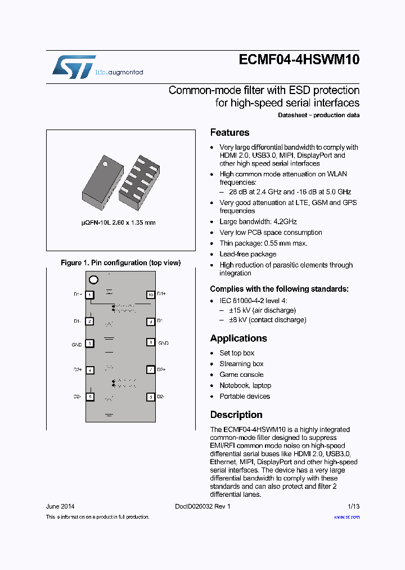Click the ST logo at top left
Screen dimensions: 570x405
74,67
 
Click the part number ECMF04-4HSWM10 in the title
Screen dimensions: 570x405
299,60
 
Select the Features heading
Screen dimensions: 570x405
229,133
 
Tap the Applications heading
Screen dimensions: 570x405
238,339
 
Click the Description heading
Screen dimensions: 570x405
236,415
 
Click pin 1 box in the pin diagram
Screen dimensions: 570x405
90,295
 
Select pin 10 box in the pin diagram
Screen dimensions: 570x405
150,295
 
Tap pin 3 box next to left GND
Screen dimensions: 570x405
90,343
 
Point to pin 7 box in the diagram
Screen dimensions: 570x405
150,369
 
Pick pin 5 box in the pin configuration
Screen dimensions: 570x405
90,397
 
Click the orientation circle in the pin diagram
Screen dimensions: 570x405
93,280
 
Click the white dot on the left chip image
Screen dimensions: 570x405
105,164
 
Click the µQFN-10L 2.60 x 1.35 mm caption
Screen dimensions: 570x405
118,222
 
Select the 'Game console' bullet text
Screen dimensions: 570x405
241,375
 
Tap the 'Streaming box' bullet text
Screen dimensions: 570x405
241,364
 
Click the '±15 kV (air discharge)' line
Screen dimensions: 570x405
261,310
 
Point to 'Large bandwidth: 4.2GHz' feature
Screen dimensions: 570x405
258,222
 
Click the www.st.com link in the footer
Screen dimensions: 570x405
346,517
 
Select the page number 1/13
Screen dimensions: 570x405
353,506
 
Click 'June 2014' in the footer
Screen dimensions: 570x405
60,506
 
